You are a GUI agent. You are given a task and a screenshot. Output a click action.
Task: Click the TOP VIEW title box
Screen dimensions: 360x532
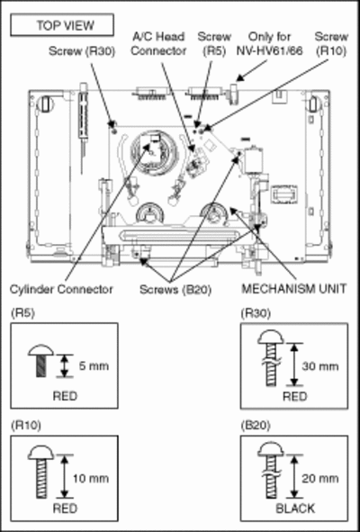click(x=62, y=25)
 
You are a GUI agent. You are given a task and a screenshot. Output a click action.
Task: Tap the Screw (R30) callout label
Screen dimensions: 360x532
click(x=82, y=51)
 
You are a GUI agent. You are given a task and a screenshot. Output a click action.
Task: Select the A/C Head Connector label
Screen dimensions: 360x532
click(x=158, y=44)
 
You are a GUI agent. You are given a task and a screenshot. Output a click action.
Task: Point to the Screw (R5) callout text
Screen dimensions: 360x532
click(x=214, y=44)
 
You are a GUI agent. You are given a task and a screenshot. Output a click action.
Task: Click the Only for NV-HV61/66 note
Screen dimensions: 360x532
click(x=270, y=44)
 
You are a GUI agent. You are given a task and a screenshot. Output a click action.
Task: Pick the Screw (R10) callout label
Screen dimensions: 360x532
click(x=331, y=44)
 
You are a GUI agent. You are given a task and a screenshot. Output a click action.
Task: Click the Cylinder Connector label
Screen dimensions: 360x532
click(x=61, y=290)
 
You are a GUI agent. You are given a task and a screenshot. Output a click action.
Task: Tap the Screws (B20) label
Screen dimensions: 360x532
click(x=175, y=290)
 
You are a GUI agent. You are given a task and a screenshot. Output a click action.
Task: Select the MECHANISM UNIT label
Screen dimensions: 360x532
click(x=294, y=289)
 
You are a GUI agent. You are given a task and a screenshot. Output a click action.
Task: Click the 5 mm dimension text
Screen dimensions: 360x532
click(x=94, y=366)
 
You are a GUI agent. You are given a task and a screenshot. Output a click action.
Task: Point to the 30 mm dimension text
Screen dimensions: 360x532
click(x=320, y=366)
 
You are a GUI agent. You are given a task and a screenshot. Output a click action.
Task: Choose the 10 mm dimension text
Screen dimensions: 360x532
click(x=91, y=478)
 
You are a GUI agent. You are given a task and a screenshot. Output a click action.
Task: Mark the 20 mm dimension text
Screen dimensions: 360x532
click(x=320, y=478)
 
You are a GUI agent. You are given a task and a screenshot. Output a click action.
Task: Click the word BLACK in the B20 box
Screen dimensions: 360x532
click(x=295, y=509)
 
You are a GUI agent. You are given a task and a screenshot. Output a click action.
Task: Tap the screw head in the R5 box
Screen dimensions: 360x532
click(x=40, y=350)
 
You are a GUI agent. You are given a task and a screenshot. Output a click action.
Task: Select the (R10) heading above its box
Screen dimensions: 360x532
click(x=26, y=426)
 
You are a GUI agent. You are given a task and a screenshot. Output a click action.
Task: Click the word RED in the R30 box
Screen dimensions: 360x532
click(x=295, y=396)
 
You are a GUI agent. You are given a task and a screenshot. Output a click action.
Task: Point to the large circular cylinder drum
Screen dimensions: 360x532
click(x=153, y=153)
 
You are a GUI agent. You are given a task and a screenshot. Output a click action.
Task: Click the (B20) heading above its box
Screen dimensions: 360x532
click(x=256, y=426)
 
